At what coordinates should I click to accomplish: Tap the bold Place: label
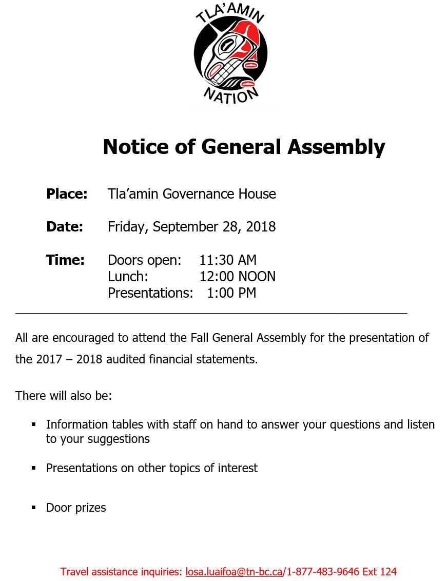[x=67, y=194]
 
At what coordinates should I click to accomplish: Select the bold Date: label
[x=65, y=227]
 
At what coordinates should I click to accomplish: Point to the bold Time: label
[x=65, y=260]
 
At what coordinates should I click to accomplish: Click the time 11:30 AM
[x=228, y=260]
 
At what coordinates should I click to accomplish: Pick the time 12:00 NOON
[x=237, y=277]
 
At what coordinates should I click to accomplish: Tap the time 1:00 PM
[x=231, y=293]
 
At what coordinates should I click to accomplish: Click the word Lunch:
[x=128, y=277]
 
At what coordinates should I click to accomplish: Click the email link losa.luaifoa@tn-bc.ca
[x=233, y=572]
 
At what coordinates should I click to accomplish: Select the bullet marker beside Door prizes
[x=34, y=508]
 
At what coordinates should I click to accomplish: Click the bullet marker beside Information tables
[x=34, y=424]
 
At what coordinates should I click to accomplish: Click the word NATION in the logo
[x=230, y=94]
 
